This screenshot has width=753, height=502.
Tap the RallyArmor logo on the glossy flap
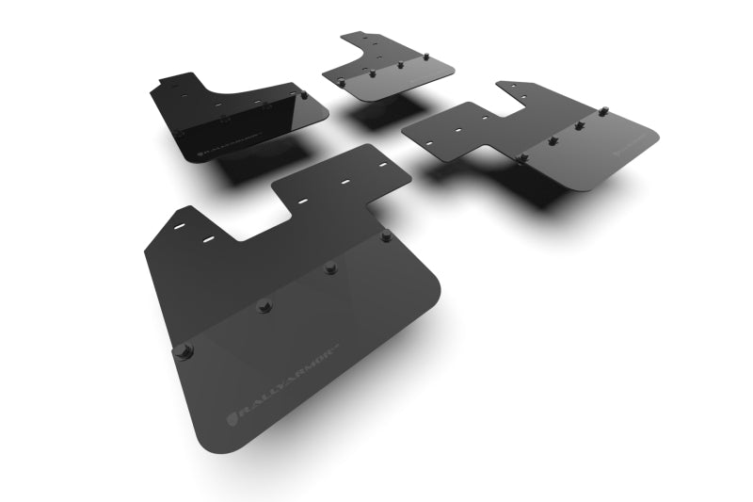pyautogui.click(x=209, y=143)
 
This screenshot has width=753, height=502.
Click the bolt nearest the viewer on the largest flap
pyautogui.click(x=183, y=350)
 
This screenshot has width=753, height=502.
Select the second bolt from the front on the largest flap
pyautogui.click(x=264, y=305)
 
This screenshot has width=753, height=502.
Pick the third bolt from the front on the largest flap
pyautogui.click(x=330, y=267)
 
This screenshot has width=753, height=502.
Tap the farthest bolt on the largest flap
pyautogui.click(x=386, y=236)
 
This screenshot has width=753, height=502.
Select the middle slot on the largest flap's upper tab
pyautogui.click(x=303, y=200)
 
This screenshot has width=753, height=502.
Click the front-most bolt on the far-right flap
pyautogui.click(x=521, y=160)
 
